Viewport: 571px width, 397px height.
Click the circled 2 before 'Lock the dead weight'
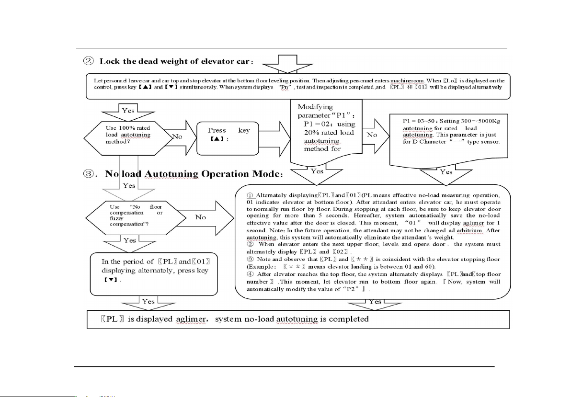click(x=90, y=61)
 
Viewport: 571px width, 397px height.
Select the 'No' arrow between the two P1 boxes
click(x=374, y=135)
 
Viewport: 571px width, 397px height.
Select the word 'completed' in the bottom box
click(x=348, y=318)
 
